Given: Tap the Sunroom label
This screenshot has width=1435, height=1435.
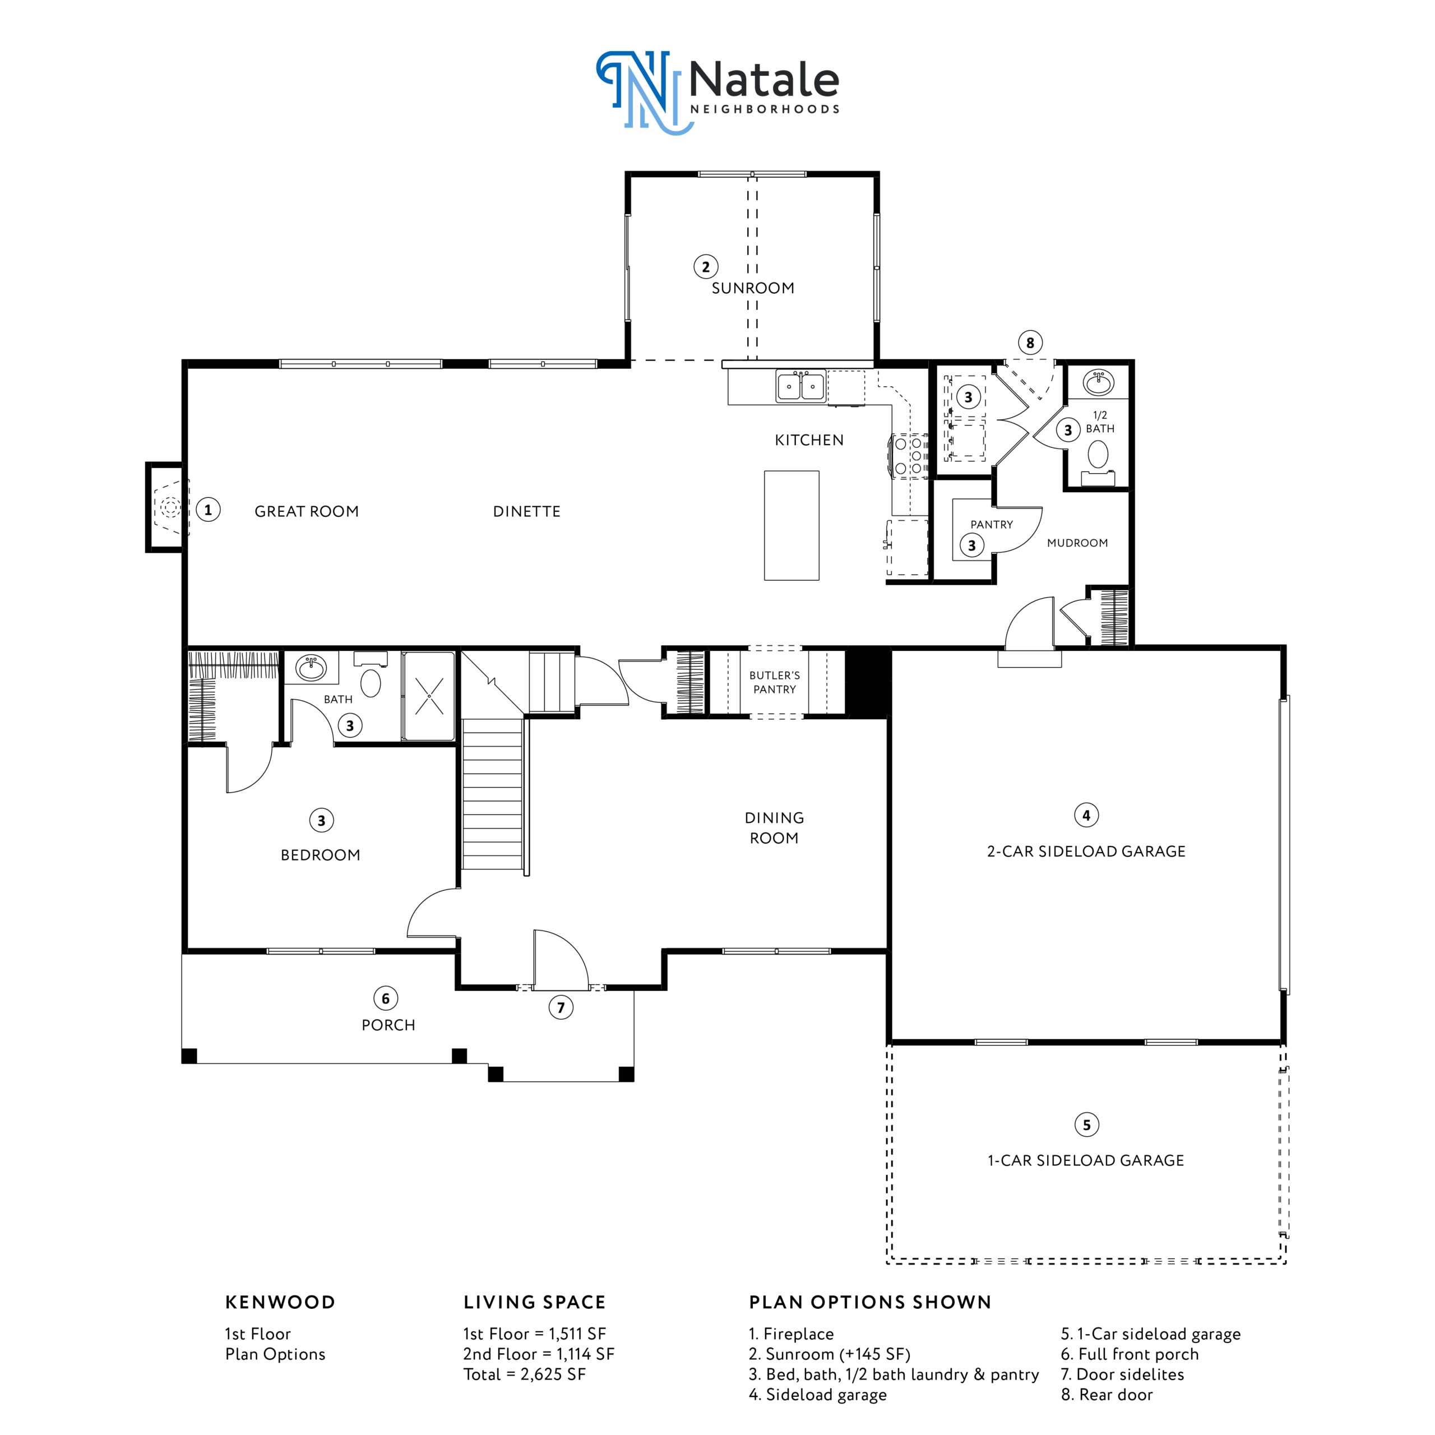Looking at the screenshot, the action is pos(752,288).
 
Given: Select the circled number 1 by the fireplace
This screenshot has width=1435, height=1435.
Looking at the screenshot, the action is pos(208,510).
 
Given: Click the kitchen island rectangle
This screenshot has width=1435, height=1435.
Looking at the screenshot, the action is pos(792,525).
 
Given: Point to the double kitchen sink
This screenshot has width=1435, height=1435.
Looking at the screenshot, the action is pos(800,386).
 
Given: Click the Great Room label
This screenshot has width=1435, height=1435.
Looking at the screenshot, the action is pos(307,511).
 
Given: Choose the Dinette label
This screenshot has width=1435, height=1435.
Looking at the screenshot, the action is pos(526,511).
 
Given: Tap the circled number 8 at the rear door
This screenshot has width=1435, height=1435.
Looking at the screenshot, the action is pos(1030,342).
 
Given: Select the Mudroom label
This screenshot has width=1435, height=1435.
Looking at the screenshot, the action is pos(1077,543).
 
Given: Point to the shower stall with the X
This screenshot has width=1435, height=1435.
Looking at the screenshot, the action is pos(429,696).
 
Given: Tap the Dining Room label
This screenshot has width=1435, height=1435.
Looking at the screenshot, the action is pos(774,827).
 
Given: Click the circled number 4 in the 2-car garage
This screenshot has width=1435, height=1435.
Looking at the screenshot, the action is pos(1086,815).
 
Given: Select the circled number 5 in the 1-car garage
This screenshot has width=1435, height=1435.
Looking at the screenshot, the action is pos(1086,1124).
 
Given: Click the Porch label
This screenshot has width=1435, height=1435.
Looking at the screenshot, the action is pos(388,1025).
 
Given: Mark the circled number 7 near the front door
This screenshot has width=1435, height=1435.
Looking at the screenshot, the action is pos(561,1007).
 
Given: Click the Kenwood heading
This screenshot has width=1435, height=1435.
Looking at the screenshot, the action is pos(280,1302).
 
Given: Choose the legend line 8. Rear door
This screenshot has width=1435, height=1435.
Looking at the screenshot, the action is pos(1107,1394).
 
